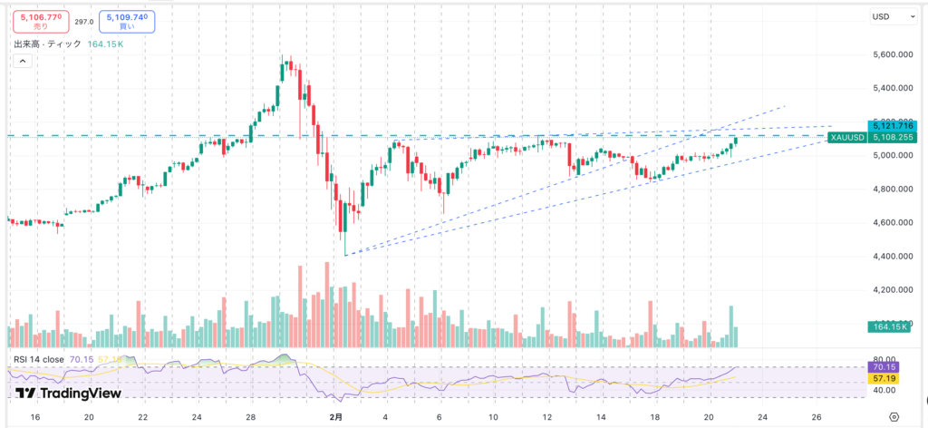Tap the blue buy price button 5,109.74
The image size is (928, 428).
[x=126, y=20]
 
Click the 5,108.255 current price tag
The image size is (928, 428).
[x=892, y=138]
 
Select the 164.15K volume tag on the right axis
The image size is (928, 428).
[x=889, y=326]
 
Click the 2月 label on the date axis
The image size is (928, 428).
[x=336, y=417]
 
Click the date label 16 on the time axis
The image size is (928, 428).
[x=34, y=417]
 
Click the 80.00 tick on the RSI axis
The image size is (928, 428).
[x=883, y=360]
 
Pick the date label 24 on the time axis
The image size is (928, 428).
[x=197, y=417]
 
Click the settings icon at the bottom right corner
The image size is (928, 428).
[x=894, y=417]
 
